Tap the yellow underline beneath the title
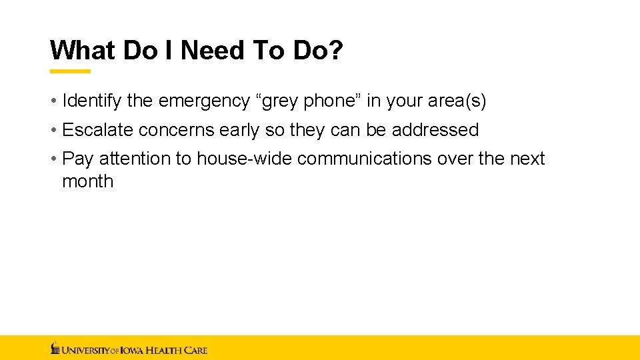click(71, 71)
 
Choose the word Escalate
click(97, 130)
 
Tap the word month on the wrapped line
click(87, 181)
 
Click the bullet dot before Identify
click(53, 101)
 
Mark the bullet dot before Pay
click(53, 159)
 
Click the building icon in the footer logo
click(55, 348)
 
